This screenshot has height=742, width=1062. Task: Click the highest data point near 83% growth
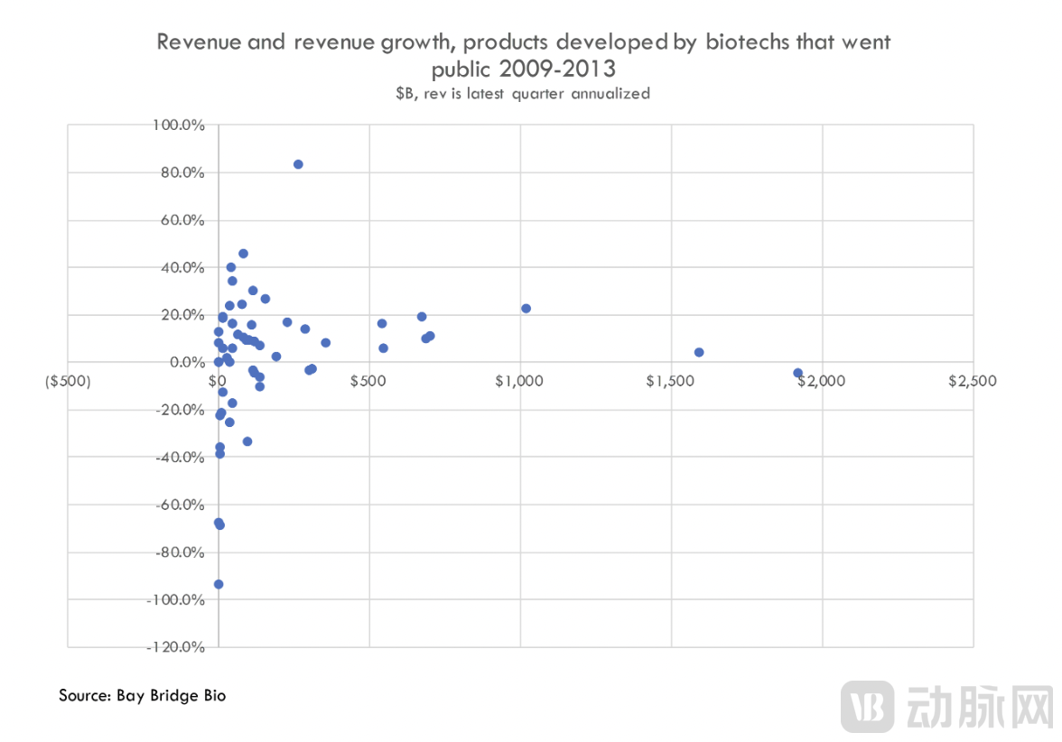(298, 164)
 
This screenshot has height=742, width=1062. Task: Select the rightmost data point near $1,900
(797, 373)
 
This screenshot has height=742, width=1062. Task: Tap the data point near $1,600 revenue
(699, 352)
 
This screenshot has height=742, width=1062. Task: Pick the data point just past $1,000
(526, 308)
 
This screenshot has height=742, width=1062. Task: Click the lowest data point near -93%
(219, 584)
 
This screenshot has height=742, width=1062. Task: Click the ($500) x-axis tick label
(68, 381)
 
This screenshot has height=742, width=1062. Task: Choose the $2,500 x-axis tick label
(973, 381)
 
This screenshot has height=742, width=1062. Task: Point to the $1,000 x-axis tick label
(519, 381)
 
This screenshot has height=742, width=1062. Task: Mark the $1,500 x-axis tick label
(670, 381)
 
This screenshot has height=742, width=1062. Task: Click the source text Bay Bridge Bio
(172, 695)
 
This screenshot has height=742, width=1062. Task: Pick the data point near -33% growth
(247, 441)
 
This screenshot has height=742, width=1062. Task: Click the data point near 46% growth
(243, 254)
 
